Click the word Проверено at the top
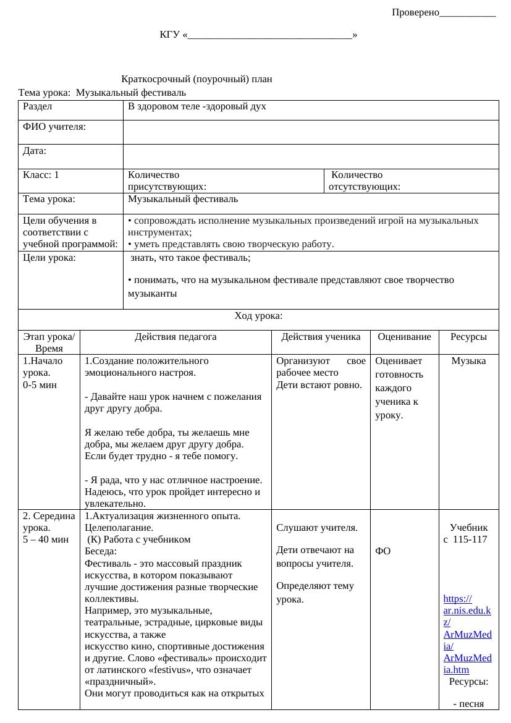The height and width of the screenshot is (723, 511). pyautogui.click(x=415, y=12)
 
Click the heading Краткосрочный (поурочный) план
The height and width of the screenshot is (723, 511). pyautogui.click(x=197, y=79)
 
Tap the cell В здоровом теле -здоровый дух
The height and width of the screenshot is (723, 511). pyautogui.click(x=196, y=106)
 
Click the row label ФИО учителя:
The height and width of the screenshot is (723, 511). pyautogui.click(x=54, y=127)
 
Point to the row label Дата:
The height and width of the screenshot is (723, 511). pyautogui.click(x=35, y=150)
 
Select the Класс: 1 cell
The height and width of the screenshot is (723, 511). pyautogui.click(x=41, y=175)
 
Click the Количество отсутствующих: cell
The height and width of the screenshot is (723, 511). pyautogui.click(x=364, y=180)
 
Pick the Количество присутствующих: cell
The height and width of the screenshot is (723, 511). pyautogui.click(x=167, y=180)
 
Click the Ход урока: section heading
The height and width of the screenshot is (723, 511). pyautogui.click(x=258, y=316)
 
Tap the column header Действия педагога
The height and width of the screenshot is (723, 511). pyautogui.click(x=175, y=337)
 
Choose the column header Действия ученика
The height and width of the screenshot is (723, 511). pyautogui.click(x=321, y=337)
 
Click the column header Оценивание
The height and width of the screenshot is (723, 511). pyautogui.click(x=404, y=337)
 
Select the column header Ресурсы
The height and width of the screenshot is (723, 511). pyautogui.click(x=468, y=337)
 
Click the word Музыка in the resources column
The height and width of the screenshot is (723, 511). pyautogui.click(x=468, y=361)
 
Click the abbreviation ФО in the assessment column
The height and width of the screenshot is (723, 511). pyautogui.click(x=382, y=551)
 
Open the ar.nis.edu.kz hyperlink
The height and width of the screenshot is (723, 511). pyautogui.click(x=467, y=634)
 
